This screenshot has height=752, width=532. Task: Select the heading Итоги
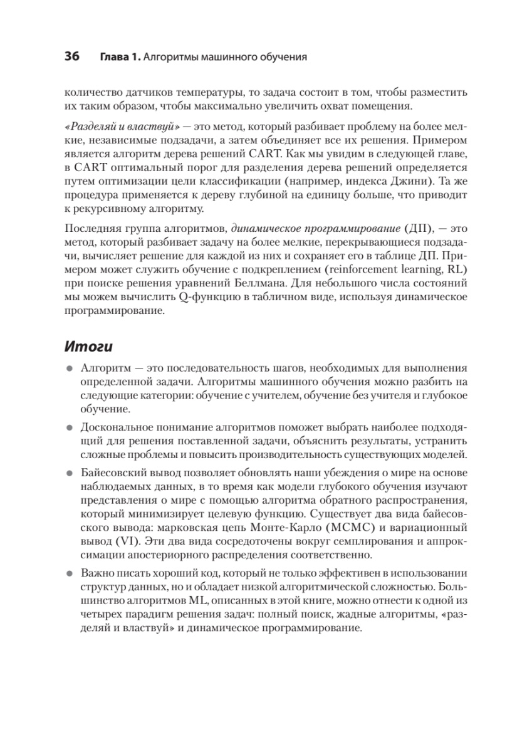pos(88,345)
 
